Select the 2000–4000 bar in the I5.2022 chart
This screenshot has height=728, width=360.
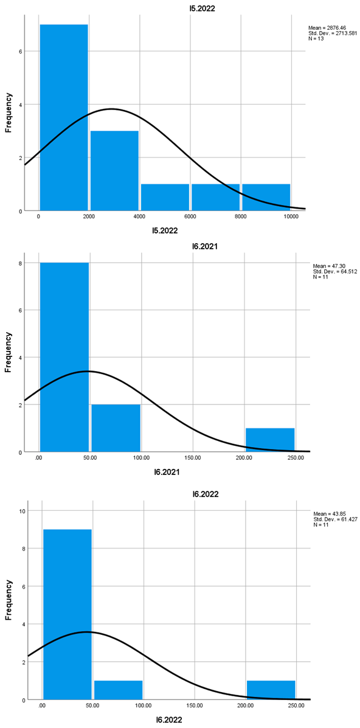tap(114, 171)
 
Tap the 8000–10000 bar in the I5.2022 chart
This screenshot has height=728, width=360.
tap(266, 197)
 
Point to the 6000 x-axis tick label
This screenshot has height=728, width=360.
tap(190, 217)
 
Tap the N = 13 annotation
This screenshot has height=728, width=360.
tap(317, 39)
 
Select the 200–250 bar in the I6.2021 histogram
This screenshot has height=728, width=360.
tap(270, 440)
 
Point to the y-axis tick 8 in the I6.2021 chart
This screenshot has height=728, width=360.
tap(20, 263)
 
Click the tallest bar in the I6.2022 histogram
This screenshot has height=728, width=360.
tap(67, 614)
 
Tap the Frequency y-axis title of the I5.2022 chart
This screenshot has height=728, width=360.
tap(9, 113)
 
